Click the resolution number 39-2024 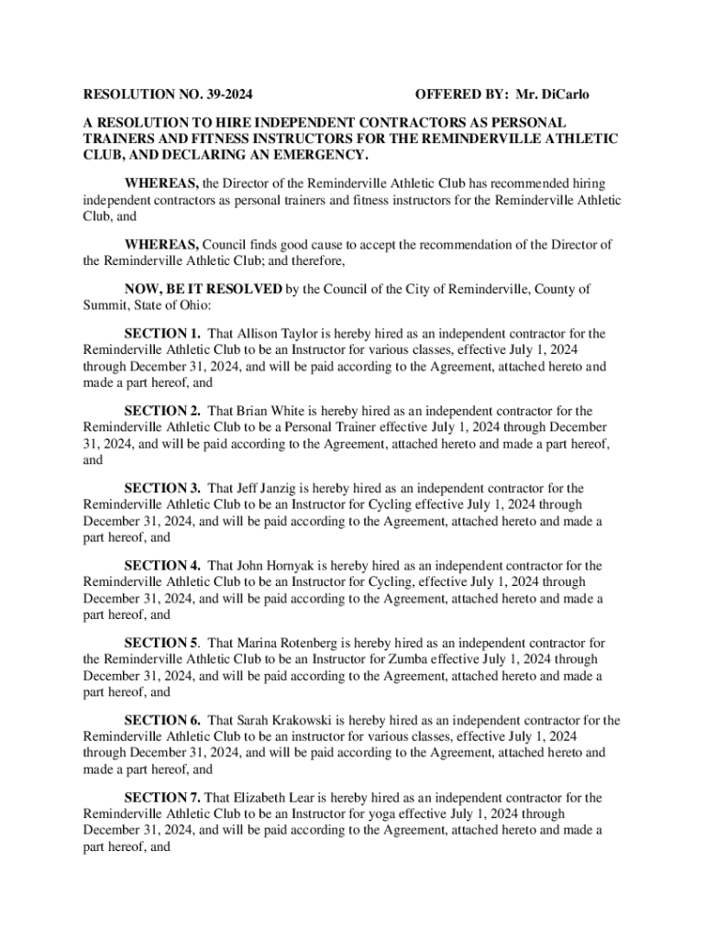[x=226, y=94]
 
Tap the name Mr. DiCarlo [x=553, y=94]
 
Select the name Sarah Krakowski [x=288, y=721]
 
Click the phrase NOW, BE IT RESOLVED [x=203, y=289]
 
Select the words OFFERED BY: [x=460, y=94]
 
